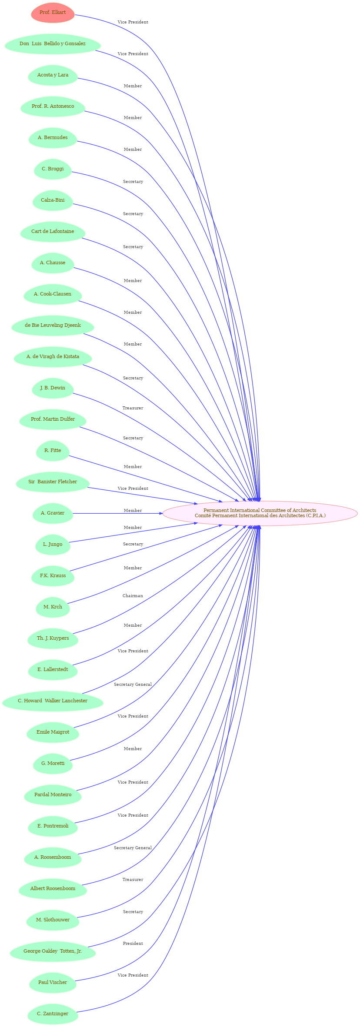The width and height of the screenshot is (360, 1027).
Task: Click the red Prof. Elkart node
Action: coord(53,13)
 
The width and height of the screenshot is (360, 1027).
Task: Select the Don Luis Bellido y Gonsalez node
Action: coord(53,44)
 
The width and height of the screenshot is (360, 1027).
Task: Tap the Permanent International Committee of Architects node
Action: coord(260,513)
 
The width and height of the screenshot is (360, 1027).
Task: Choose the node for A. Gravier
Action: coord(53,513)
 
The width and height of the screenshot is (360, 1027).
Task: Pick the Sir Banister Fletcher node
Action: coord(53,482)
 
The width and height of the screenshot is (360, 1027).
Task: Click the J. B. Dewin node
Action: coord(53,388)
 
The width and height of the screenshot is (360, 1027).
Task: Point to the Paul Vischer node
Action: coord(53,983)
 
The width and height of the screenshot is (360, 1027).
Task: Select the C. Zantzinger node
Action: coord(53,1014)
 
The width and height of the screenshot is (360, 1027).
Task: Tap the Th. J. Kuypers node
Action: coord(53,638)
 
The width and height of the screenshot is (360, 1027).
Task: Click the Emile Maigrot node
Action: coord(53,732)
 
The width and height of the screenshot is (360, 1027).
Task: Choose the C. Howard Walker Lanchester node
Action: coord(53,701)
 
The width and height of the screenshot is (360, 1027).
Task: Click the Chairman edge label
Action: coord(133,596)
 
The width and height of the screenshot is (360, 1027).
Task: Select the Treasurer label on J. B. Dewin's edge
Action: coord(133,408)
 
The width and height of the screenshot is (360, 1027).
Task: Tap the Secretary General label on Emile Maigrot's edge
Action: coord(133,685)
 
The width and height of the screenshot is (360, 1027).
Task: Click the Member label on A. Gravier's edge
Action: coord(133,511)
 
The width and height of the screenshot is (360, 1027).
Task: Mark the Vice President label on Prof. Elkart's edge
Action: coord(133,22)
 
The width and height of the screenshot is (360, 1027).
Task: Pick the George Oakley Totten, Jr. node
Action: coord(53,951)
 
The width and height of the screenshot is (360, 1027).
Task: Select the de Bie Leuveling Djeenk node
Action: coord(53,326)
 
